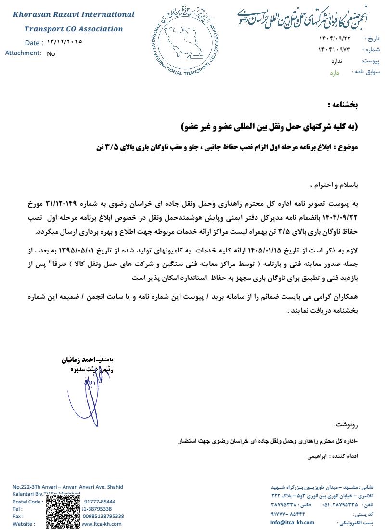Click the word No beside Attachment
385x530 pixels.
[51, 54]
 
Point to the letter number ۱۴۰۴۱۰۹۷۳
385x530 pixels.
[334, 50]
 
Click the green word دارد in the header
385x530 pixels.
[334, 73]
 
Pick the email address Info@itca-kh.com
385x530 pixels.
[292, 522]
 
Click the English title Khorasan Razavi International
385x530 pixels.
[74, 14]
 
